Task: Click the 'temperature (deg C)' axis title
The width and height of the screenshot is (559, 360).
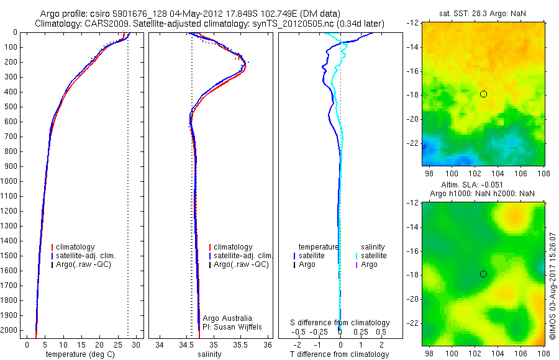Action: coord(80,354)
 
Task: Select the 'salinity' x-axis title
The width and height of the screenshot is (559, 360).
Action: coord(209,354)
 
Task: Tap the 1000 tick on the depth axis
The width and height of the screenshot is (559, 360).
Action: coord(9,181)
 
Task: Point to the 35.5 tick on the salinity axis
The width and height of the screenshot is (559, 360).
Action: coord(240,344)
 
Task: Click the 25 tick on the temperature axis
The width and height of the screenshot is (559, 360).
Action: coord(117,344)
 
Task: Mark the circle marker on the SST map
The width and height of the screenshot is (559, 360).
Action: coord(483,94)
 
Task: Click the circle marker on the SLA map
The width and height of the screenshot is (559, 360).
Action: coord(483,274)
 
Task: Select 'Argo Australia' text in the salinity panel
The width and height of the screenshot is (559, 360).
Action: coord(227,318)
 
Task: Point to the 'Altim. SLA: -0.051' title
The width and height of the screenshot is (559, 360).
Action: coord(472,185)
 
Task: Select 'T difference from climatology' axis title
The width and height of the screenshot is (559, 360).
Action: coord(339,354)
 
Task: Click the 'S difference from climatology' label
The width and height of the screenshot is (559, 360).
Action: coord(340,323)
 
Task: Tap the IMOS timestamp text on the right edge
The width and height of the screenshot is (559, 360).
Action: coord(552,286)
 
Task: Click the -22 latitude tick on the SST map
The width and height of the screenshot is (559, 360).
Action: coord(413,143)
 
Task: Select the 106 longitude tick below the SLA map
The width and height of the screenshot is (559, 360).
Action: coord(521,354)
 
